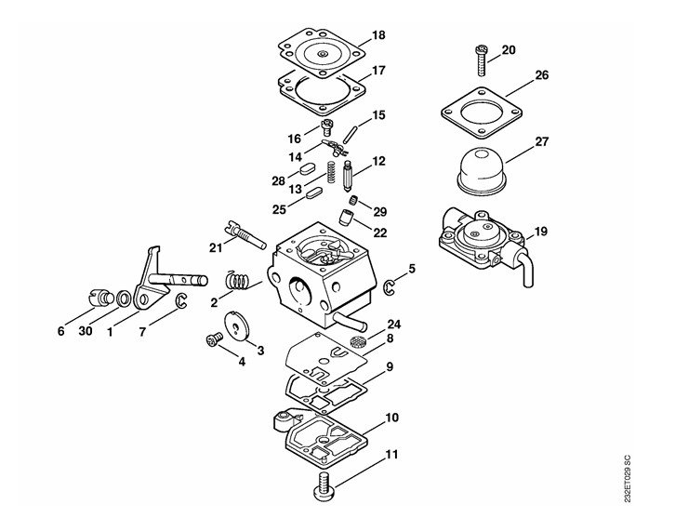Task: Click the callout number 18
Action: coord(378,35)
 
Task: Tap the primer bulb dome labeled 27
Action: coord(482,170)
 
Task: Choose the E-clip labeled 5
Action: coord(389,288)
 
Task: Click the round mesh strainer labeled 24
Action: coord(357,342)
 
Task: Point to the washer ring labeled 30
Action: coord(124,299)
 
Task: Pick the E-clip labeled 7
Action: coord(181,301)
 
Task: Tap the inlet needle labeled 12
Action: coord(348,177)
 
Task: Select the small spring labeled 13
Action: coord(331,172)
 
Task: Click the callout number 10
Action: coord(392,418)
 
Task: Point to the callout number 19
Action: coord(540,232)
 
